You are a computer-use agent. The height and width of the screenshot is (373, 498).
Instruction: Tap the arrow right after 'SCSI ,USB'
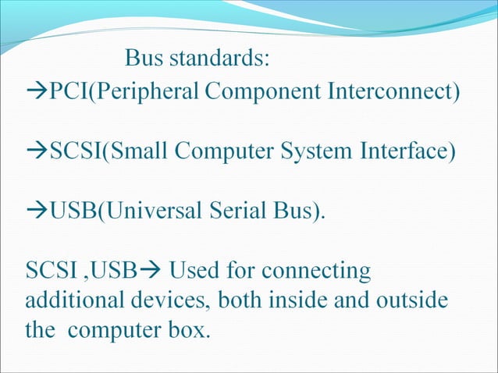click(x=148, y=272)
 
